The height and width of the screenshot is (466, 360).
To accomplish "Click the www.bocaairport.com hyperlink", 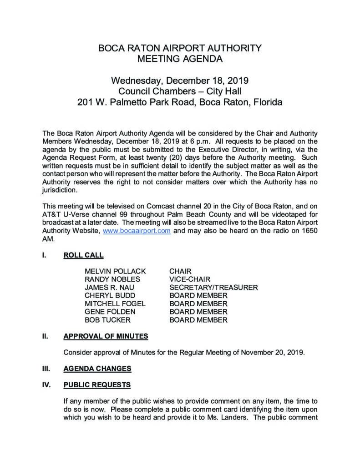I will (x=137, y=231).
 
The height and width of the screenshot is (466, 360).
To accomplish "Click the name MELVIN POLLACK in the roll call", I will (x=115, y=271).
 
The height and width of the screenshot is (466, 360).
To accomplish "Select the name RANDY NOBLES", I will (x=112, y=279).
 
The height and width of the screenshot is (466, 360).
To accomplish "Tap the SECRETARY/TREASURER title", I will (x=213, y=288).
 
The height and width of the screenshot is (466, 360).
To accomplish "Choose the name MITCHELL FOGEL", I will (x=115, y=304).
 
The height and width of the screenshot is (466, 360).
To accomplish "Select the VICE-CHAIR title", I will (x=190, y=279).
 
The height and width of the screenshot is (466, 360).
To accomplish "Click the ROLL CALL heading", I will (x=83, y=255).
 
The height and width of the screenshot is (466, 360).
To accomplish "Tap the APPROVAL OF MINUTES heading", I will (x=106, y=336).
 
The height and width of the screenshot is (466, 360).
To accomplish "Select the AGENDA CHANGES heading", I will (x=97, y=369).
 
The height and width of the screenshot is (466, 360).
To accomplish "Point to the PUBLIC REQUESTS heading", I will (x=97, y=385).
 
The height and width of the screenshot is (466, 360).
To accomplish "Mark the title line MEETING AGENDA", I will (x=180, y=58).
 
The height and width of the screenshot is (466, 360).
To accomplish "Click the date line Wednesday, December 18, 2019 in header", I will (x=180, y=81).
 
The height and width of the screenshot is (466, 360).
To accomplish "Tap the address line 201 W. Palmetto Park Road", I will (x=180, y=102).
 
